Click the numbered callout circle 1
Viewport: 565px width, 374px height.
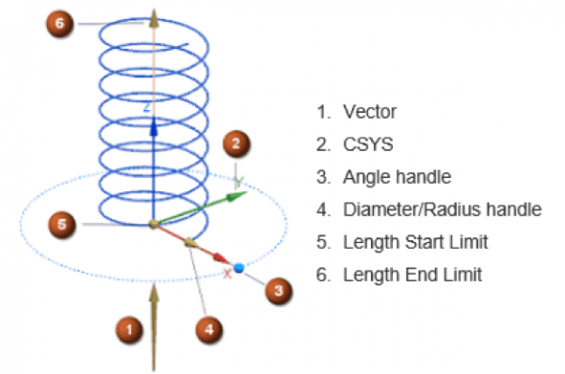(127, 330)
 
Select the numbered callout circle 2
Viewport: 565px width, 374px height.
(235, 144)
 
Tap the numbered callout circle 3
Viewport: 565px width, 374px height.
(277, 292)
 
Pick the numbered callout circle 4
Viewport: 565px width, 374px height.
(209, 330)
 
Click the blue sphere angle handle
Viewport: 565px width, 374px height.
(239, 268)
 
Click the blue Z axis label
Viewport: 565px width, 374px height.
(146, 108)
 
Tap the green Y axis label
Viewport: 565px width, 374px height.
(239, 179)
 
